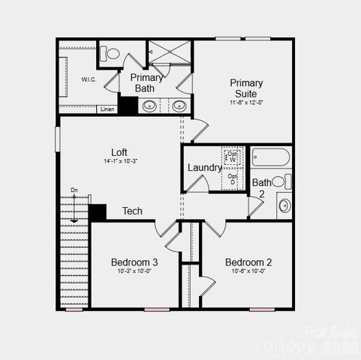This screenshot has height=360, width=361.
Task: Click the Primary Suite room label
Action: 246,87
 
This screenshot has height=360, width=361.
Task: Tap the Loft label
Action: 119,151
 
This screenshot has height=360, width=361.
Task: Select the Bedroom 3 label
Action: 134,262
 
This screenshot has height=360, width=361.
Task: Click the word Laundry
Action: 204,168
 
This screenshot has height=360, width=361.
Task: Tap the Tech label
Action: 132,211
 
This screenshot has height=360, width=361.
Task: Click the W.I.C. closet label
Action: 89,79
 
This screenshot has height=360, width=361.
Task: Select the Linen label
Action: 108,109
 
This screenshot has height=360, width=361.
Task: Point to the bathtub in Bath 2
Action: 271,157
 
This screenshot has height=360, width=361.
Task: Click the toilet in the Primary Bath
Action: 112,53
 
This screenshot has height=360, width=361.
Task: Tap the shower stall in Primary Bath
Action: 170,52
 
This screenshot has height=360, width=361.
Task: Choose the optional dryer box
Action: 232,179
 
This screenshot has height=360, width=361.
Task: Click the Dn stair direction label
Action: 74,190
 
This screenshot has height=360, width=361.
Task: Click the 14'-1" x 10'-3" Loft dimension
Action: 120,161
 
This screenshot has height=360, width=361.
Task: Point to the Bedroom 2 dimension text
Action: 248,271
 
